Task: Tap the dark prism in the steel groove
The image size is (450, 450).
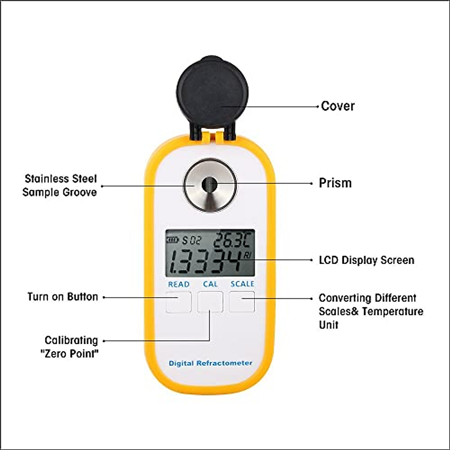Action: coord(209,184)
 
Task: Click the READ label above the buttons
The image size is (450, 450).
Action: coord(178,284)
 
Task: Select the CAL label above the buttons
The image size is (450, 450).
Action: coord(210,284)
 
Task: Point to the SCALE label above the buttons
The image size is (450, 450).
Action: coord(242,284)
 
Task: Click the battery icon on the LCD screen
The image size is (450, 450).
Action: coord(173,240)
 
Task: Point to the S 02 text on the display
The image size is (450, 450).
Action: coord(192,240)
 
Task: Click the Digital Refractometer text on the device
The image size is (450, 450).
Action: coord(210,363)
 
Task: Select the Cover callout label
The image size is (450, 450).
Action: coord(337,106)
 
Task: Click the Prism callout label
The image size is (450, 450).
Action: coord(335,183)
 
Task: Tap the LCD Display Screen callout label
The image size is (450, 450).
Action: coord(366,260)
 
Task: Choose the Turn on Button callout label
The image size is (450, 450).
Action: coord(63,297)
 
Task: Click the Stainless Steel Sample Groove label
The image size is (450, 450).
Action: coord(60,185)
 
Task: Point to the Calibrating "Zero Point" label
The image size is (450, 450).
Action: coord(70,346)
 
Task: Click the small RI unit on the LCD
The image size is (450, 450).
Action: coord(247,255)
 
